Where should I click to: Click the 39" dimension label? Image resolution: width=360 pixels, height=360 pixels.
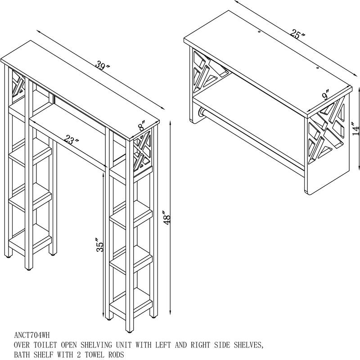click(x=103, y=67)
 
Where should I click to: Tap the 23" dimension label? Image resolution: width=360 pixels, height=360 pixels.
click(x=71, y=140)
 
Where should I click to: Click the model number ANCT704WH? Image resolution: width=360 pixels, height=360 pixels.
click(x=31, y=335)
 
